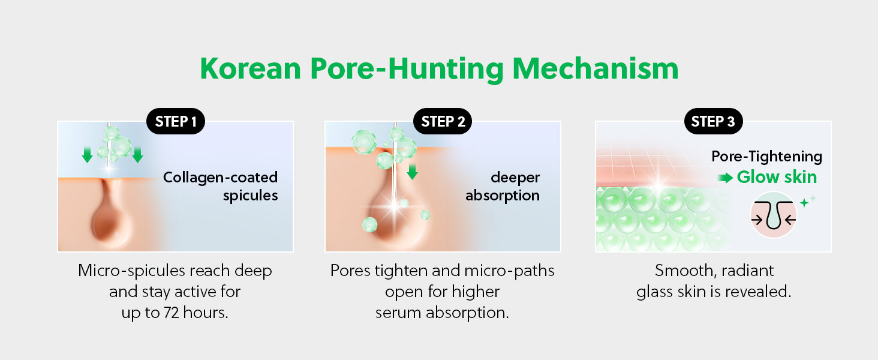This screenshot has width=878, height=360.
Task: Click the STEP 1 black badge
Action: (176, 121)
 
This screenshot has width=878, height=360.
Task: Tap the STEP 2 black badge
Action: (443, 121)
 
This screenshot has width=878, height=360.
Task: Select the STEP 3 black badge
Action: (714, 121)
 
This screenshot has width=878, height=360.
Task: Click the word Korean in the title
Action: (251, 68)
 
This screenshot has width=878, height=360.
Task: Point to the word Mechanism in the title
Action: (596, 68)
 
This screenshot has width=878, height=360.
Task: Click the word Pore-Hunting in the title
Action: (407, 70)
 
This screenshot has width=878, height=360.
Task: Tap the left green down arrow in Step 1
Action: (87, 155)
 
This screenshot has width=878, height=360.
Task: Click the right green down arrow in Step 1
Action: (137, 155)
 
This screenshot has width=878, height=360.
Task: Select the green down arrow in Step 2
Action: (412, 172)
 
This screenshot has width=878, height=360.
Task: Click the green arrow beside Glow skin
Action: (725, 178)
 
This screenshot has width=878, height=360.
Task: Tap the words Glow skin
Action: (777, 177)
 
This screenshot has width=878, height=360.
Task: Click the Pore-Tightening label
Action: (766, 157)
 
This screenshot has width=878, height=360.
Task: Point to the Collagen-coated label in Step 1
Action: (220, 177)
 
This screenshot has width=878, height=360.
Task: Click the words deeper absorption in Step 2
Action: (503, 186)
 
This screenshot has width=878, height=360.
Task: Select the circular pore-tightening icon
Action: (773, 215)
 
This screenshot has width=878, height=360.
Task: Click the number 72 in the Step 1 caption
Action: (172, 313)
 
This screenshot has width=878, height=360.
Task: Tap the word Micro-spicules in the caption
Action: (132, 271)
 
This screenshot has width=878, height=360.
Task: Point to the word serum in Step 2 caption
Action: (398, 313)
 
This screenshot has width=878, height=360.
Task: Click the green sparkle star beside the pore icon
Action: (804, 202)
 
